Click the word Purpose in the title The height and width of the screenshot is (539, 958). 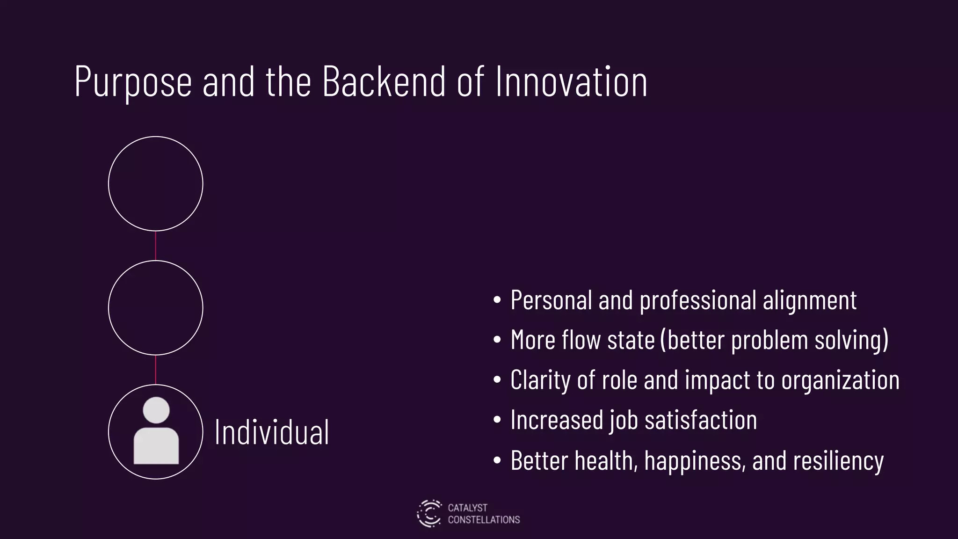click(x=133, y=82)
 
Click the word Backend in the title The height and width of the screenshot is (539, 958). click(x=384, y=81)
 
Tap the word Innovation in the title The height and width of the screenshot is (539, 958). click(x=571, y=81)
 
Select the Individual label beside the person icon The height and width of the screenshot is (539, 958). click(x=272, y=432)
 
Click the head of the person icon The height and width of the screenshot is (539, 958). click(x=156, y=410)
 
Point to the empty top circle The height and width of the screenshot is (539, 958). click(x=156, y=183)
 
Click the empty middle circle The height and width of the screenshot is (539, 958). click(x=156, y=307)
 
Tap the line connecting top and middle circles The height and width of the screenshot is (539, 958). click(x=156, y=246)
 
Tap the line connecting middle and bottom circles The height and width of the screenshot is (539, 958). click(x=156, y=370)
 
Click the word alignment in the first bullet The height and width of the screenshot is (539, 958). click(x=810, y=300)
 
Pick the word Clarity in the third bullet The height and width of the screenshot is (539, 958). click(x=540, y=380)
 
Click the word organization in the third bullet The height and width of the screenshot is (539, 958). click(x=840, y=380)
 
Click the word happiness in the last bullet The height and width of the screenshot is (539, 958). click(x=695, y=460)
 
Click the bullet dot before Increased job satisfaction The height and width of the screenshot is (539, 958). click(x=497, y=420)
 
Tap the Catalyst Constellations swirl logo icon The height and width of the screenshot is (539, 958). click(x=429, y=513)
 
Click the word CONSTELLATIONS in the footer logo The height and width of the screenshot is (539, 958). click(x=484, y=520)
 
